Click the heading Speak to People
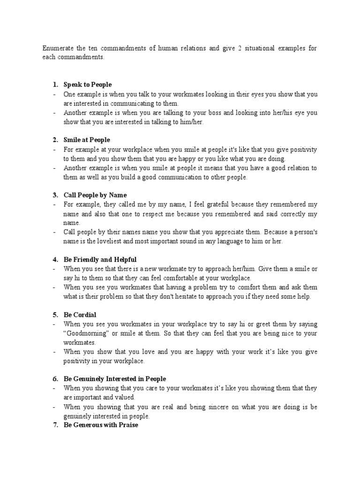(x=88, y=84)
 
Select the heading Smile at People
(x=87, y=140)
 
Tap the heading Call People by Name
(x=95, y=195)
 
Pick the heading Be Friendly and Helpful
(x=100, y=259)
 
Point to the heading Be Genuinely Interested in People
(x=115, y=378)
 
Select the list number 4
(x=55, y=259)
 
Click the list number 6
(x=55, y=378)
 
